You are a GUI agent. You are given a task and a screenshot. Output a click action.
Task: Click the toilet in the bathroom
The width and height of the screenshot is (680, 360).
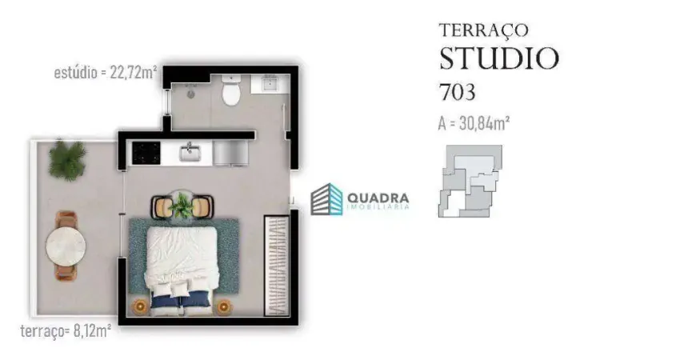(230, 90)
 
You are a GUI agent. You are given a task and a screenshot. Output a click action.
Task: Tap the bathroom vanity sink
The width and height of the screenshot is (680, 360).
(270, 83)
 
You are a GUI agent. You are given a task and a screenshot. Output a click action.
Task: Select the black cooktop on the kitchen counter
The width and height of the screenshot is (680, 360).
(146, 153)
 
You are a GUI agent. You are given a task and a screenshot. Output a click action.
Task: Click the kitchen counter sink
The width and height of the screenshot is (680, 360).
(190, 152)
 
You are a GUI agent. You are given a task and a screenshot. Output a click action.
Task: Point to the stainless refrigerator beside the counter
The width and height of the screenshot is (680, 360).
(230, 153)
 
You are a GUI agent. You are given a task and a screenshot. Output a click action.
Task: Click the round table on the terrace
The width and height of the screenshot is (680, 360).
(66, 246)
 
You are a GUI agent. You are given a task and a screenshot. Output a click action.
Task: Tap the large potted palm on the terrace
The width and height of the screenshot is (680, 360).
(66, 159)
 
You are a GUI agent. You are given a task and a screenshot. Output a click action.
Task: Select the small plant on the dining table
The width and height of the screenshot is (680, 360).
(182, 205)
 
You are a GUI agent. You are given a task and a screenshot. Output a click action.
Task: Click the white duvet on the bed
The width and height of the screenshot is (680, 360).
(182, 256)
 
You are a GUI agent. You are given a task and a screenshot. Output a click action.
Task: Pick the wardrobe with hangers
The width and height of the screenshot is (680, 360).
(277, 266)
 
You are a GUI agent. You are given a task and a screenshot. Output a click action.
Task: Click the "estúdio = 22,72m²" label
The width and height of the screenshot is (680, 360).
(106, 73)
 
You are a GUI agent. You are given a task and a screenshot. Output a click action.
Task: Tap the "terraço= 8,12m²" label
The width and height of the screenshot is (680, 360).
(66, 331)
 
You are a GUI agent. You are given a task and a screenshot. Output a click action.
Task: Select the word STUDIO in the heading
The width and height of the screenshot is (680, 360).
(499, 58)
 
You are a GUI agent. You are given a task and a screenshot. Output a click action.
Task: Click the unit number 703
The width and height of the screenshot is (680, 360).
(458, 92)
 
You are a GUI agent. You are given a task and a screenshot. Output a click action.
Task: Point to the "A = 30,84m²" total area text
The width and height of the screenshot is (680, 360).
(474, 123)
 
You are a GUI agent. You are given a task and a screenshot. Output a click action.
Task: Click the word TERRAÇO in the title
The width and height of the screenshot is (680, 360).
(484, 30)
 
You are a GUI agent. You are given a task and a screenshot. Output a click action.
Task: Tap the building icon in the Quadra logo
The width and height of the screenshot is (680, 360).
(326, 199)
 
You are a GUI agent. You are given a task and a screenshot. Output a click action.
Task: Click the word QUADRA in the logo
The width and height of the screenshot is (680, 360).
(378, 198)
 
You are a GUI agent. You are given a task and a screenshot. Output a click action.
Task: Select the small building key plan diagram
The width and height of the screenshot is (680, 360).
(470, 181)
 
